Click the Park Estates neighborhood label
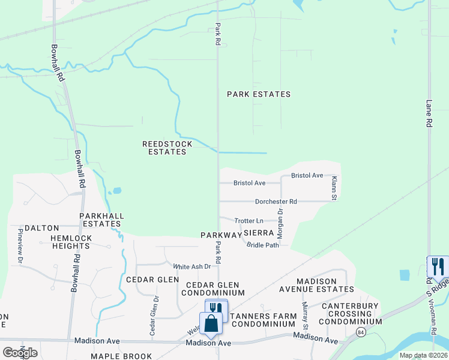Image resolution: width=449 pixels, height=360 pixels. pos(259,94)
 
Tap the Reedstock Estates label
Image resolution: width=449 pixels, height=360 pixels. pos(167,148)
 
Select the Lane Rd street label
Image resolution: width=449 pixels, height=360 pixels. pos(429,113)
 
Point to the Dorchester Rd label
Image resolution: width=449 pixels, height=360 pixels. pos(276,202)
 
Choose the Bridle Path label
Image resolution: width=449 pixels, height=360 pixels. pos(263,245)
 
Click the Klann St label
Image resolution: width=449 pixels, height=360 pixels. pos(335,188)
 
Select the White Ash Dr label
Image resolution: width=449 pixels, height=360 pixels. pos(192,266)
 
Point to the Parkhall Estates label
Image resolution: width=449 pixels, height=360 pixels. pos(101,220)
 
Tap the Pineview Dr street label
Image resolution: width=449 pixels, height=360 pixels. pos(20,245)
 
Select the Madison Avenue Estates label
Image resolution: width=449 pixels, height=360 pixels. pos(325,284)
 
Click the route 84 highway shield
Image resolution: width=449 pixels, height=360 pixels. pos(360,332)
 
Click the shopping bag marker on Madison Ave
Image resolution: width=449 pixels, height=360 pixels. pos(211,323)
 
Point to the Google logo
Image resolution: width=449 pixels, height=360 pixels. pos(20,352)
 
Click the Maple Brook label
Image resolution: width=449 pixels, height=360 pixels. pos(121,356)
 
